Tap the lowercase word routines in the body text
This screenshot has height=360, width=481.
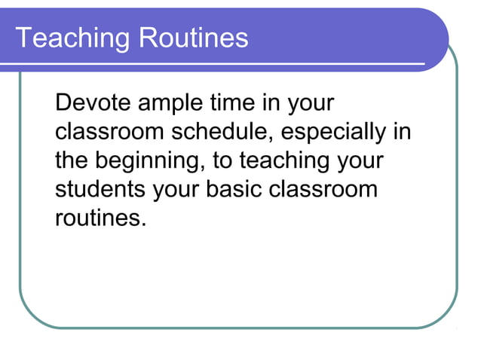tap(97, 218)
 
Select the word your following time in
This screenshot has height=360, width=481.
tap(309, 105)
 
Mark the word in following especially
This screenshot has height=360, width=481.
tap(402, 132)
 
